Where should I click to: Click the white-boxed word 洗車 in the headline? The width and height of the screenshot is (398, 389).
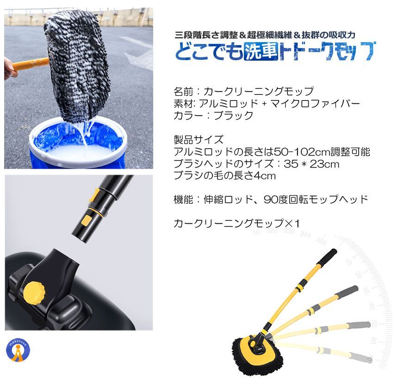260,51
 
